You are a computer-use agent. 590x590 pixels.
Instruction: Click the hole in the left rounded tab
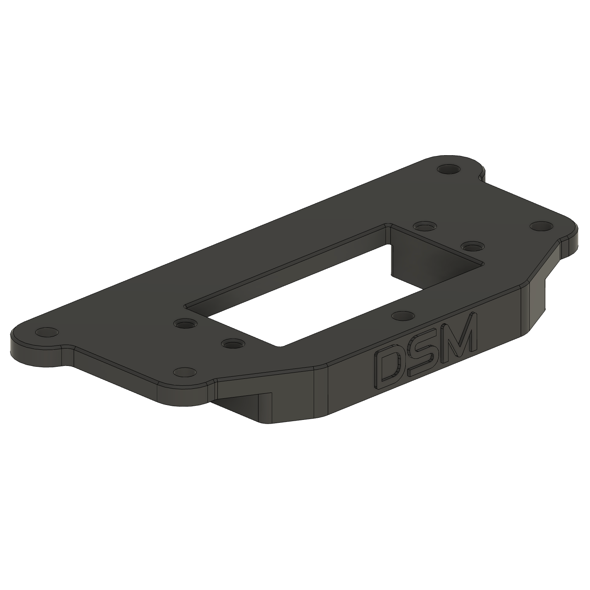point(46,332)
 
